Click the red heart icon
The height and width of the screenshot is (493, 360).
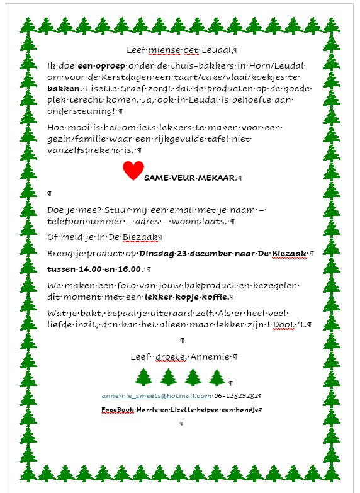[x=133, y=171]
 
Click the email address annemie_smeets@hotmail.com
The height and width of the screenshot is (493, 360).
[x=157, y=395]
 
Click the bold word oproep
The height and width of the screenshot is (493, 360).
[x=111, y=66]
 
